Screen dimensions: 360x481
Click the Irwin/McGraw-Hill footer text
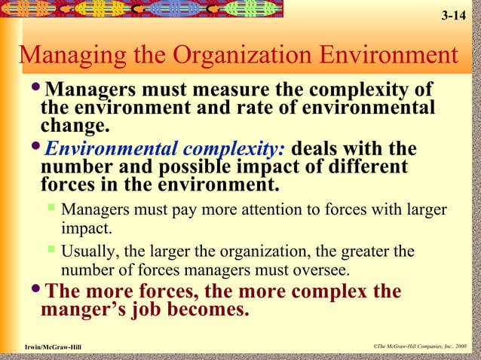tap(53, 346)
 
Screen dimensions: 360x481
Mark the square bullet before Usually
tap(51, 249)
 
